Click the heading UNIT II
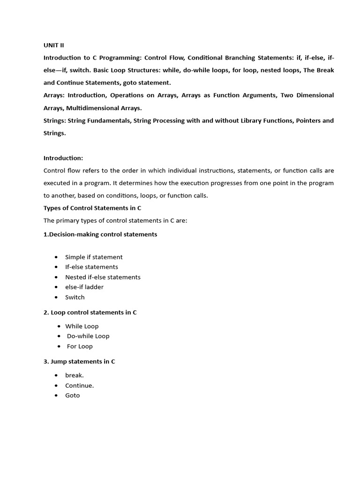53,45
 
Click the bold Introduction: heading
63,158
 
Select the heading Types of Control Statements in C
92,208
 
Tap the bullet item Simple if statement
94,257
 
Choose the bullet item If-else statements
91,267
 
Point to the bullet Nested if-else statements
103,277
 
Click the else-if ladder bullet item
84,287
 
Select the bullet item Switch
75,297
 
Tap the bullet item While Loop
82,326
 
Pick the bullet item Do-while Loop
88,336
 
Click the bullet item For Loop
80,346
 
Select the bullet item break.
75,375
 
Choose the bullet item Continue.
80,386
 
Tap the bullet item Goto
73,396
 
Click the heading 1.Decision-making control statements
100,234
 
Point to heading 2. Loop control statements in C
90,312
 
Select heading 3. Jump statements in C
79,361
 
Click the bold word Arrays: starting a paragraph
54,95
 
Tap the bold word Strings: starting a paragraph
55,120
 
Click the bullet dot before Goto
56,396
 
